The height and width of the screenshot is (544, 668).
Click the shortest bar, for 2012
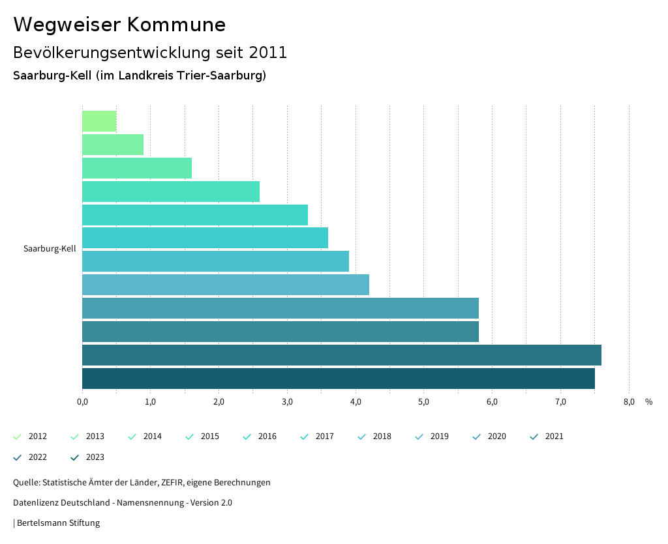point(99,121)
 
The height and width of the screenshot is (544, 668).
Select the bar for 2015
point(171,192)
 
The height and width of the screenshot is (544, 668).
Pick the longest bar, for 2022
point(342,355)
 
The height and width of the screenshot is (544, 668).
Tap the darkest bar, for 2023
point(339,379)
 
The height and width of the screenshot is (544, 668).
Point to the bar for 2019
point(226,285)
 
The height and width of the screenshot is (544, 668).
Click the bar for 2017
point(205,238)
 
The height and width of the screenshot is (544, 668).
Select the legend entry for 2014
point(145,437)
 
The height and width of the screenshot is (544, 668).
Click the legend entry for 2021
point(547,437)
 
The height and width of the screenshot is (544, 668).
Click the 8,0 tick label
point(629,402)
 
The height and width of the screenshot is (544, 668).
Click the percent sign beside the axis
point(648,402)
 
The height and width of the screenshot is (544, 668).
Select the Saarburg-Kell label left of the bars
point(50,249)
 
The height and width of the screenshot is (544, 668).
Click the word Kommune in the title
point(176,25)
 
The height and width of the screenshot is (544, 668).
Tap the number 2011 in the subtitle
point(268,53)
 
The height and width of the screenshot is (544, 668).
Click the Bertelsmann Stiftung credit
point(58,523)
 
